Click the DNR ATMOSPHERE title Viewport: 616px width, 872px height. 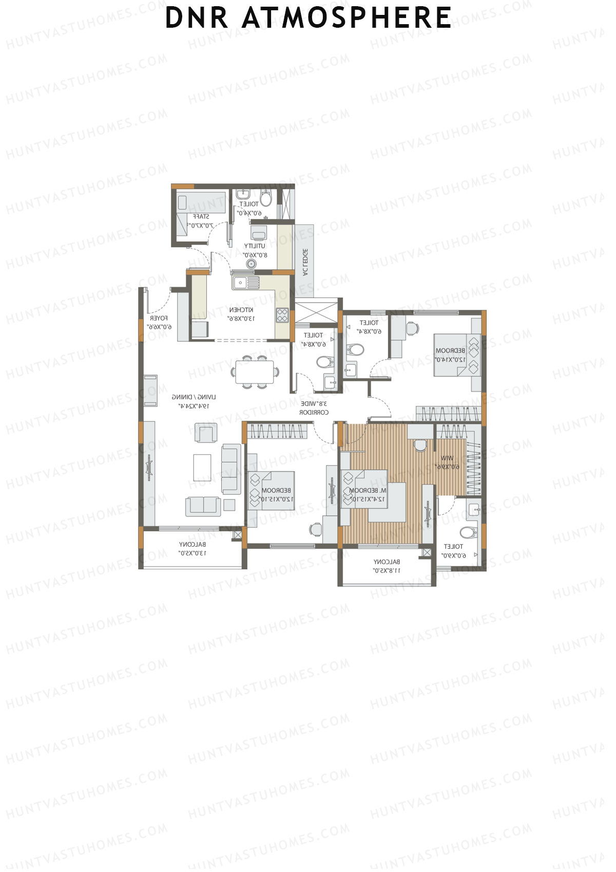click(x=308, y=17)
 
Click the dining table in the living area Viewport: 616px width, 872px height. click(x=255, y=372)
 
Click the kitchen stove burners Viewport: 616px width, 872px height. click(x=282, y=315)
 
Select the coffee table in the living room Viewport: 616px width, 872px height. click(x=202, y=467)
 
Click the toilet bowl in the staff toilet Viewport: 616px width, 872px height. click(x=266, y=197)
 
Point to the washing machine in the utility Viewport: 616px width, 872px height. click(x=259, y=232)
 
